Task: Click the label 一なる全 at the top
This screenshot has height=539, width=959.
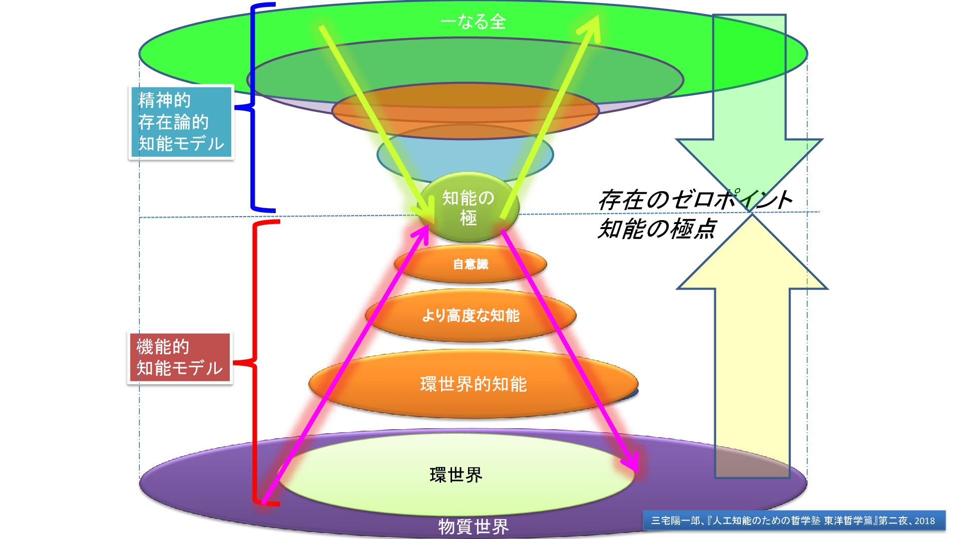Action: pyautogui.click(x=473, y=22)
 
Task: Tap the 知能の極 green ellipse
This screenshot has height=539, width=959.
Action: pyautogui.click(x=469, y=208)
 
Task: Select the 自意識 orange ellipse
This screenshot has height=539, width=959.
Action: pyautogui.click(x=470, y=264)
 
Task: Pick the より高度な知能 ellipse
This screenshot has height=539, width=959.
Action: pyautogui.click(x=471, y=315)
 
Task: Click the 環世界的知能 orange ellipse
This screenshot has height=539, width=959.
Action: pyautogui.click(x=473, y=384)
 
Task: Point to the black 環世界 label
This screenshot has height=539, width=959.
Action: pyautogui.click(x=456, y=475)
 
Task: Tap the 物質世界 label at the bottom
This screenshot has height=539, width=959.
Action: pyautogui.click(x=473, y=527)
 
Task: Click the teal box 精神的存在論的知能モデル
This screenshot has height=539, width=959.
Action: pyautogui.click(x=181, y=122)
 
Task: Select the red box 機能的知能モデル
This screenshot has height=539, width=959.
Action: pyautogui.click(x=179, y=358)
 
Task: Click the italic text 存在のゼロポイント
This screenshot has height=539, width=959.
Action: pyautogui.click(x=694, y=200)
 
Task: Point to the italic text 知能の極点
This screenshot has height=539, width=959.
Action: pyautogui.click(x=657, y=229)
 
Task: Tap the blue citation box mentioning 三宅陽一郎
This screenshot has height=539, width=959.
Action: pyautogui.click(x=794, y=521)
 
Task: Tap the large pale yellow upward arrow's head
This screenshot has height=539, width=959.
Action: pyautogui.click(x=752, y=255)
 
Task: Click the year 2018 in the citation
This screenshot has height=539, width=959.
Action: pyautogui.click(x=925, y=521)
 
